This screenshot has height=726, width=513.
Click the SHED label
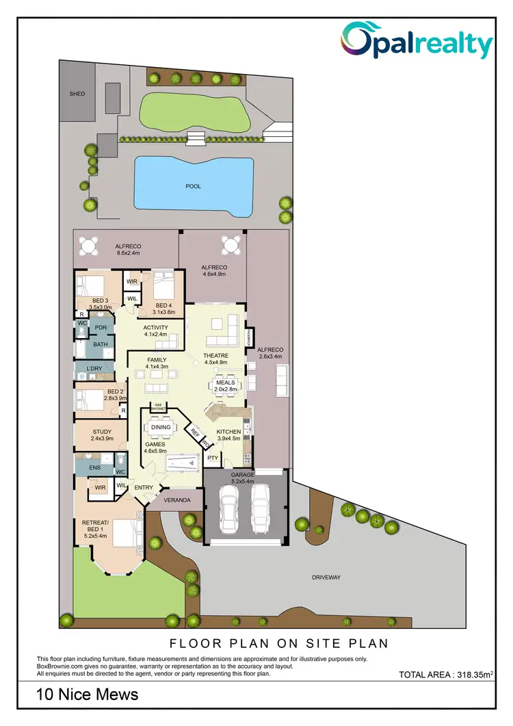(77, 93)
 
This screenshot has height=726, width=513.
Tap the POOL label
(194, 186)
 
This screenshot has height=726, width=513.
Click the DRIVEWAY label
(326, 578)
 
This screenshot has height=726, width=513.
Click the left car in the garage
(228, 511)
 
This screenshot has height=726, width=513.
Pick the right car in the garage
(261, 511)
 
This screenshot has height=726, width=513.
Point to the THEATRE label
(215, 356)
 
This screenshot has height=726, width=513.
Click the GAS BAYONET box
(159, 407)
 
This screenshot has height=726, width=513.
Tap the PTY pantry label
(213, 458)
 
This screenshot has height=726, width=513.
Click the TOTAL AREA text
(445, 675)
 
